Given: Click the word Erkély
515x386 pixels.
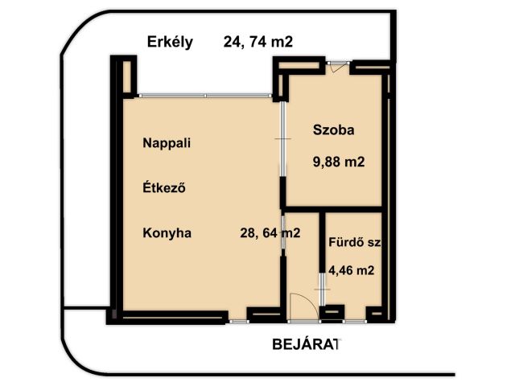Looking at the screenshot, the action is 170,43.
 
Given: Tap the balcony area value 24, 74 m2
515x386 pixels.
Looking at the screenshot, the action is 258,42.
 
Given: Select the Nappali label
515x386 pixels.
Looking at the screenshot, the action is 167,143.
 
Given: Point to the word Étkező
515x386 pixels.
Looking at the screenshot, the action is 164,187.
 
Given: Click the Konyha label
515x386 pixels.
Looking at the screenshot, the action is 167,233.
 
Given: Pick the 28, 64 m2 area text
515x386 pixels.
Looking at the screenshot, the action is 270,232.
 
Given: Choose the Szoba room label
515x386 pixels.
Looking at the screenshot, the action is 333,130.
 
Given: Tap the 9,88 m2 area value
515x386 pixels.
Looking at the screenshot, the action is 339,162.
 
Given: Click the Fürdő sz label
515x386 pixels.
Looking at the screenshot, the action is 355,242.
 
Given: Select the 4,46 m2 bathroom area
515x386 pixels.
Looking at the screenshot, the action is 352,270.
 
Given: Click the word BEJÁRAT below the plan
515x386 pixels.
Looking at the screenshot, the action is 305,344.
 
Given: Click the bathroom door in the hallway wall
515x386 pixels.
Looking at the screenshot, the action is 323,289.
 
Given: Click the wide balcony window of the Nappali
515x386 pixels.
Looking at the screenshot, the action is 205,96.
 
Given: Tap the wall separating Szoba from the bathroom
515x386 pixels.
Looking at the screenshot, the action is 332,209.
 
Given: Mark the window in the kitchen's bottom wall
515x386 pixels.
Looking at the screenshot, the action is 238,322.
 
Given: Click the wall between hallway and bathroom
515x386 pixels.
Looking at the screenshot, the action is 323,242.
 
